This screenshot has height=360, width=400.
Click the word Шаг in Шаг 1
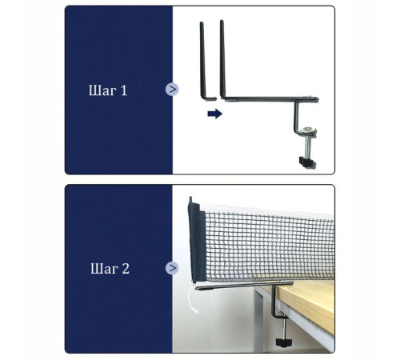pyautogui.click(x=102, y=90)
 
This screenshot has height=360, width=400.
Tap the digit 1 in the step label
pyautogui.click(x=124, y=90)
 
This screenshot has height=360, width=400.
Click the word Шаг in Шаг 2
pyautogui.click(x=104, y=269)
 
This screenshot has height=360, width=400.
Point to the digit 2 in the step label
pyautogui.click(x=126, y=269)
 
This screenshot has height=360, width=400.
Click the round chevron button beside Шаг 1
pyautogui.click(x=172, y=90)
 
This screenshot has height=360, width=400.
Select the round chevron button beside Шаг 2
pyautogui.click(x=172, y=268)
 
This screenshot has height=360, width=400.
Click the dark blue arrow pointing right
pyautogui.click(x=215, y=114)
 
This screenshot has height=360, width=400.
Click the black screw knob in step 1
pyautogui.click(x=307, y=162)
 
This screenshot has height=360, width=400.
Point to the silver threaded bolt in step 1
pyautogui.click(x=308, y=146)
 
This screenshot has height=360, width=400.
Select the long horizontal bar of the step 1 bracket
pyautogui.click(x=270, y=99)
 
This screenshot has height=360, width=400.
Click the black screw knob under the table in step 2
pyautogui.click(x=283, y=342)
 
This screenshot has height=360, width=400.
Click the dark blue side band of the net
pyautogui.click(x=197, y=242)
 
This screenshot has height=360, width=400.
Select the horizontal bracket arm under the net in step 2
pyautogui.click(x=244, y=286)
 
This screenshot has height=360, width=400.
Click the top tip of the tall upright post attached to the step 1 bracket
pyautogui.click(x=222, y=21)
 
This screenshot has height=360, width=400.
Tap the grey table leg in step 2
pyautogui.click(x=258, y=320)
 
